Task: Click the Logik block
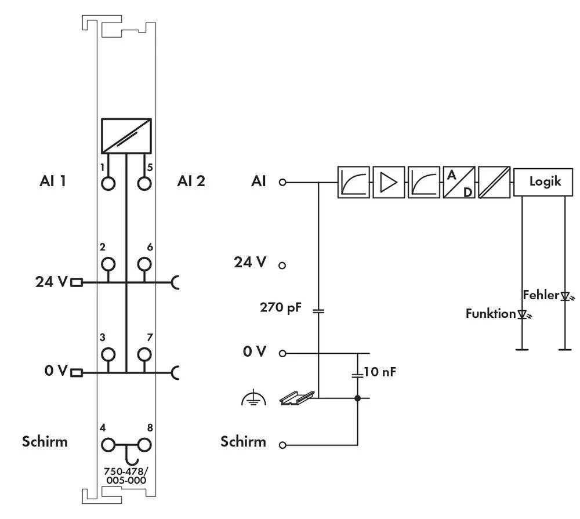coord(545,182)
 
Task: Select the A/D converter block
coord(459,182)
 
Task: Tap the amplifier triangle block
coord(388,182)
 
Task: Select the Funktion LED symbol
coord(523,314)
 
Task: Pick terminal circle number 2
coord(108,265)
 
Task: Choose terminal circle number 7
coord(143,354)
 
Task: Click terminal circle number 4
coord(108,445)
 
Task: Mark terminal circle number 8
coord(143,445)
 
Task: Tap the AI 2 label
coord(191,181)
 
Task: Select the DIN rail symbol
coord(297,397)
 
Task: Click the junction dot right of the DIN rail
coord(357,398)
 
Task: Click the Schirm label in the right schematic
coord(243,442)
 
